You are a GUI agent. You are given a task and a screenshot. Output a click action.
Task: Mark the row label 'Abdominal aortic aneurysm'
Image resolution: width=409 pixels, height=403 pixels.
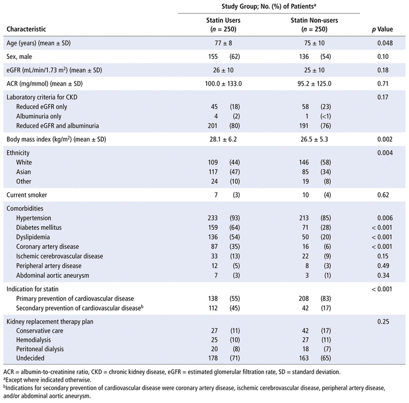(54, 275)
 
